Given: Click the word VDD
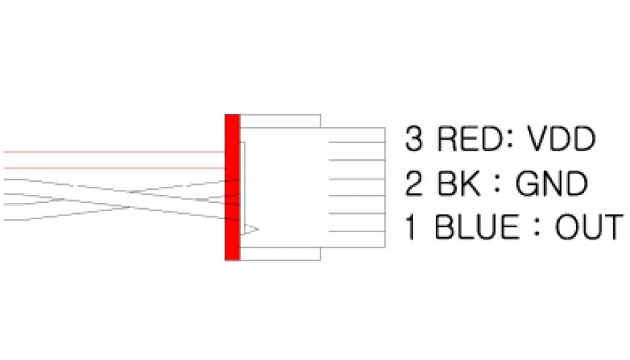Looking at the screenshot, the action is click(561, 139).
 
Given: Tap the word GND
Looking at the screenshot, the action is click(552, 183).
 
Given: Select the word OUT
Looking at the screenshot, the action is click(589, 227).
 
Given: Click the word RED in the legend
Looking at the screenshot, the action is click(470, 139).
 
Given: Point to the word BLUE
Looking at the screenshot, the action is click(477, 227).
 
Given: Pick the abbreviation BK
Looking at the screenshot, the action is click(458, 183).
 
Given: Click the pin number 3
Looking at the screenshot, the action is click(414, 139).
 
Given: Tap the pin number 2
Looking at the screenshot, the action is click(414, 183).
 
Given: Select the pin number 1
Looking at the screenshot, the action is click(410, 227).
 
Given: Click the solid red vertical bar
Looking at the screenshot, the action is click(232, 187).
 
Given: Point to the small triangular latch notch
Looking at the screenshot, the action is click(250, 229).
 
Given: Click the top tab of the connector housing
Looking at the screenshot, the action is click(280, 121).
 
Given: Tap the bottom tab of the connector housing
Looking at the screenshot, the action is click(280, 254).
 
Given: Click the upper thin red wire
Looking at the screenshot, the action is click(114, 153).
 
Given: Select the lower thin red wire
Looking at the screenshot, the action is click(114, 169).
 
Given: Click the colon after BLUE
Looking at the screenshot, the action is click(537, 228).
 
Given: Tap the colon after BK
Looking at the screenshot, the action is click(497, 184).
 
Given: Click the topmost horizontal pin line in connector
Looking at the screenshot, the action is click(357, 142).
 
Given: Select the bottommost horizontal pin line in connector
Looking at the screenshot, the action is click(357, 231).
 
